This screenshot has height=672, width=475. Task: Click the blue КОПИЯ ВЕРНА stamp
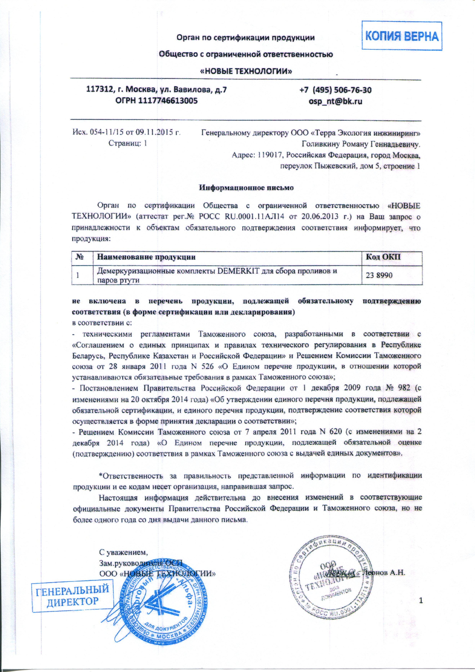(402, 37)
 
